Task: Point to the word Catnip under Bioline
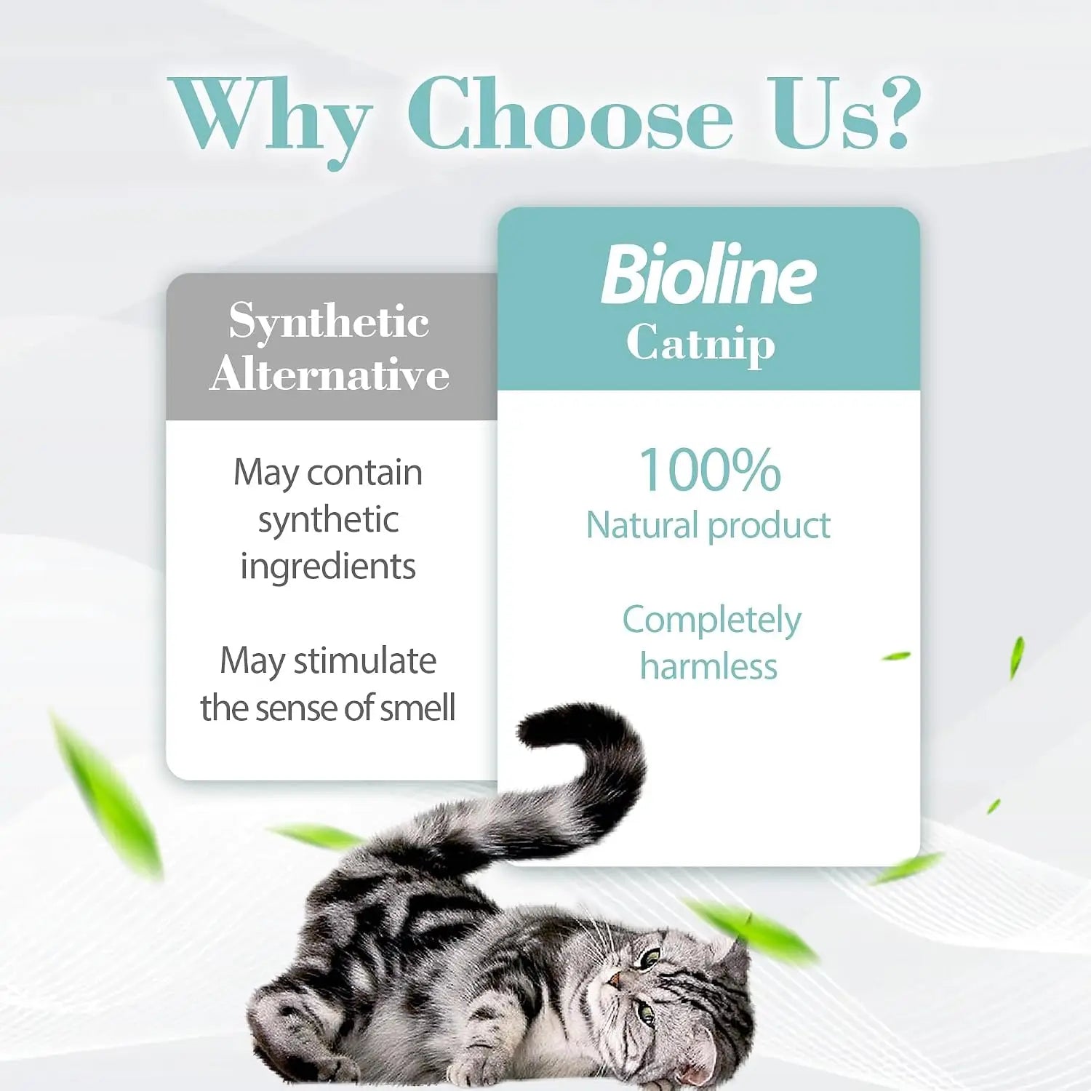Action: [700, 343]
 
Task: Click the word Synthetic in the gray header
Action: [329, 321]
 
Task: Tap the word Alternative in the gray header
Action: [329, 374]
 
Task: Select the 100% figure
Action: [710, 469]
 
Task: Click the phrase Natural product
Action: [708, 525]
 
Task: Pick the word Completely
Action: [711, 621]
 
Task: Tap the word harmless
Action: [708, 666]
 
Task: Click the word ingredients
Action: [328, 567]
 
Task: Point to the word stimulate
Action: [364, 660]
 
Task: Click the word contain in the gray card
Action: [364, 473]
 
